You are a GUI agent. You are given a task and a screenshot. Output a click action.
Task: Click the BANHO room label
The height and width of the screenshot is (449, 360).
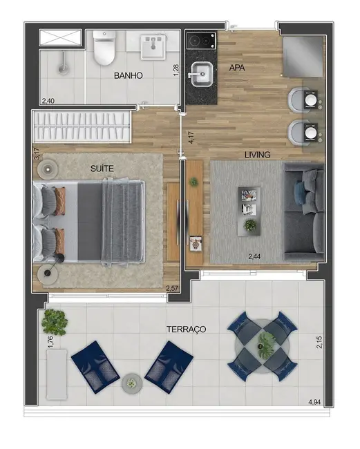point(129,76)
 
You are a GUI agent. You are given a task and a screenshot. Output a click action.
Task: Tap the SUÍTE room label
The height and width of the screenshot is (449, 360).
point(102,168)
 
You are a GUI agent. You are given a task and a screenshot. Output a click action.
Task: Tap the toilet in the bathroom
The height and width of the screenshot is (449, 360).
point(104,47)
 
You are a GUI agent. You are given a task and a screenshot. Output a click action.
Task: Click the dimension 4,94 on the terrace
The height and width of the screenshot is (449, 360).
point(314,402)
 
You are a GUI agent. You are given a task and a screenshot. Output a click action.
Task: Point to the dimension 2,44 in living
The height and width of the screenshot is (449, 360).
point(256,257)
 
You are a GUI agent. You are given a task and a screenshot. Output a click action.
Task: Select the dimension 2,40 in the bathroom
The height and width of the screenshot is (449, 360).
point(48,102)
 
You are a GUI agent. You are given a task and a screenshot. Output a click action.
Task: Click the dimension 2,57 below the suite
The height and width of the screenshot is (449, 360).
point(172,288)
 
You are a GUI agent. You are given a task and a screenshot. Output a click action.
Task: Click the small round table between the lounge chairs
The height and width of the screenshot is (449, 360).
point(131,382)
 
